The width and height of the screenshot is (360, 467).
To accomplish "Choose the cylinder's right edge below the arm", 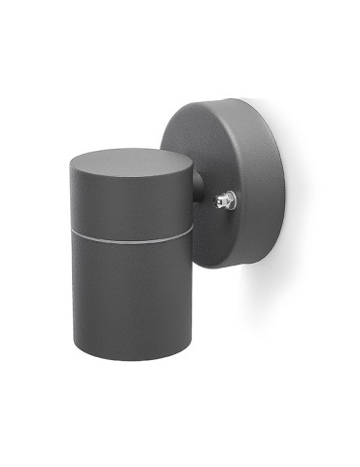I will point(192,292).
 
